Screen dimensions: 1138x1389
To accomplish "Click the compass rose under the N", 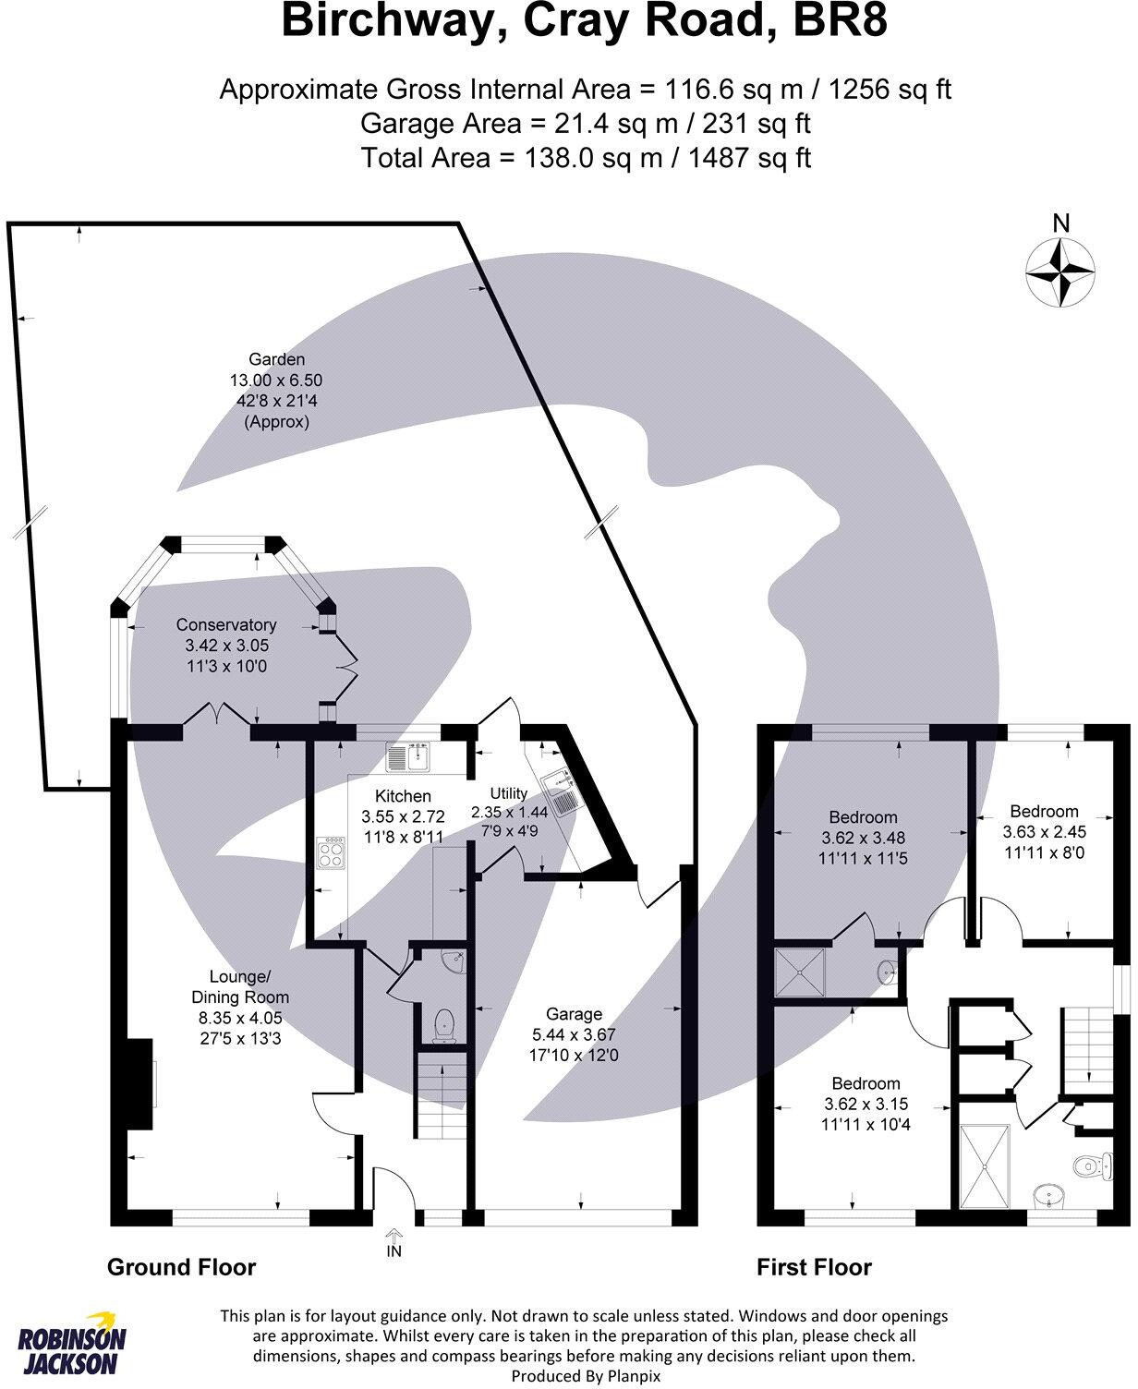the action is click(1061, 272).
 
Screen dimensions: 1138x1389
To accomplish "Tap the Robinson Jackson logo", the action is click(72, 1346).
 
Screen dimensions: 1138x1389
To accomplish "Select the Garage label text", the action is click(574, 1013).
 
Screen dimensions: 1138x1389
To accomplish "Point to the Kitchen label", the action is click(403, 795).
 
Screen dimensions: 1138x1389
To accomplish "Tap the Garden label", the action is click(276, 359).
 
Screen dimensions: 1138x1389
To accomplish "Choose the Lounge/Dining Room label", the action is click(240, 987).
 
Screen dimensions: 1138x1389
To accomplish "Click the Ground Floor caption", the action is click(182, 1266).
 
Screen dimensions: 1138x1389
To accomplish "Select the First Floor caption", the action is click(814, 1267).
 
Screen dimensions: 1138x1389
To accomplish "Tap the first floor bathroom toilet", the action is click(1091, 1165).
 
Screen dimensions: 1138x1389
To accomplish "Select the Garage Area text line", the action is click(586, 123).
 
